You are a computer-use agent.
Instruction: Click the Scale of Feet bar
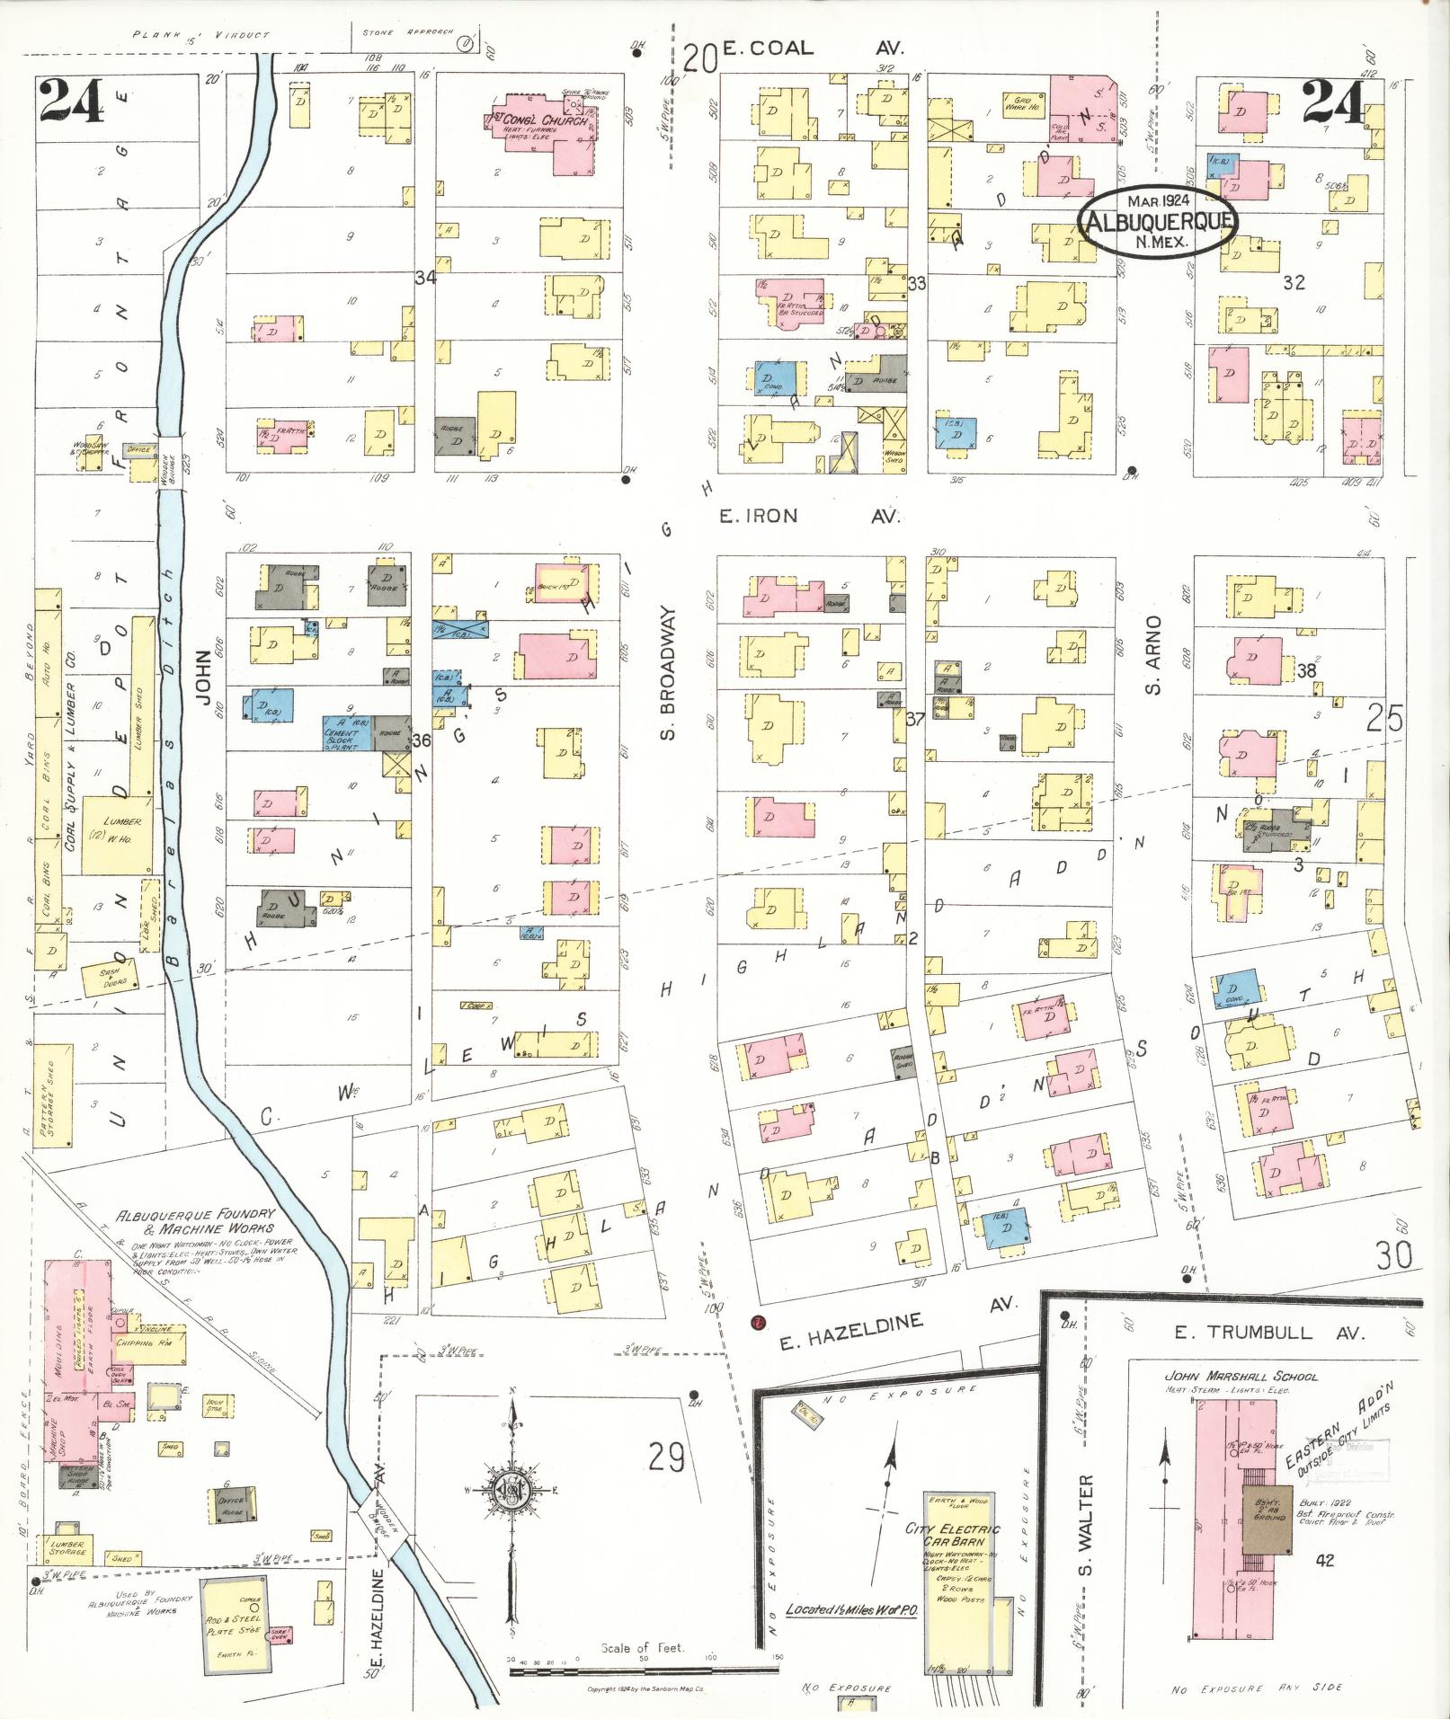pyautogui.click(x=642, y=1671)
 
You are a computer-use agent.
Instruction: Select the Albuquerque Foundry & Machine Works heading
pyautogui.click(x=195, y=1220)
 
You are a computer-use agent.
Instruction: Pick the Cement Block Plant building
pyautogui.click(x=347, y=733)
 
